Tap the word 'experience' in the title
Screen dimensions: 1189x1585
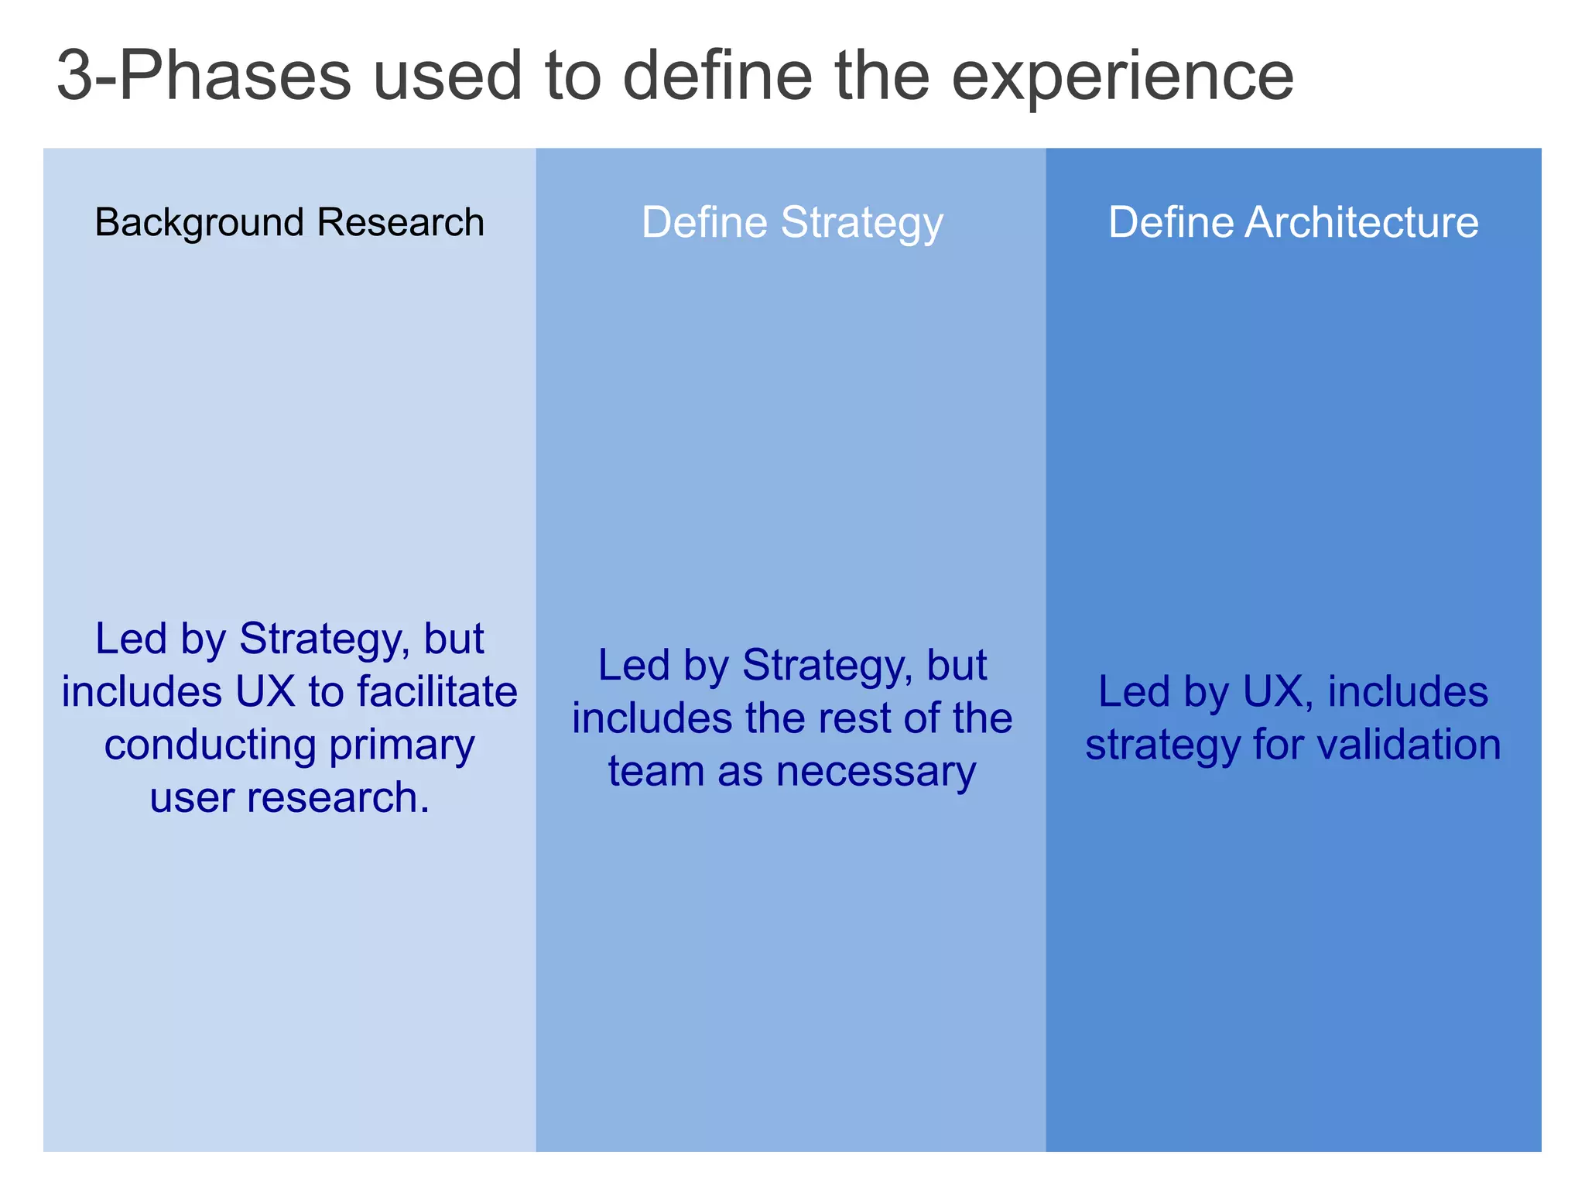click(1122, 77)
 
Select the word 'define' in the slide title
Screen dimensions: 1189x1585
click(718, 77)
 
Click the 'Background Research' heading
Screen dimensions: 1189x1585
click(289, 223)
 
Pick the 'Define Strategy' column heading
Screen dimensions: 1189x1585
click(792, 223)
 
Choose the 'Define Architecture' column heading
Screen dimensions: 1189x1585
click(1293, 223)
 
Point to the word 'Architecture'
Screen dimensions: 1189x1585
click(1361, 223)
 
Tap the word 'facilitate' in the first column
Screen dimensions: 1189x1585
click(436, 691)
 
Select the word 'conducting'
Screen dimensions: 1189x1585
click(211, 745)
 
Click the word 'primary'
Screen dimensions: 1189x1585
click(402, 745)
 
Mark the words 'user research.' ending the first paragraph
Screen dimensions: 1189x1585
click(289, 797)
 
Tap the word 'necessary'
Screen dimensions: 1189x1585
click(876, 771)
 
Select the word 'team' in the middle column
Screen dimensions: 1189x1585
click(656, 771)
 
